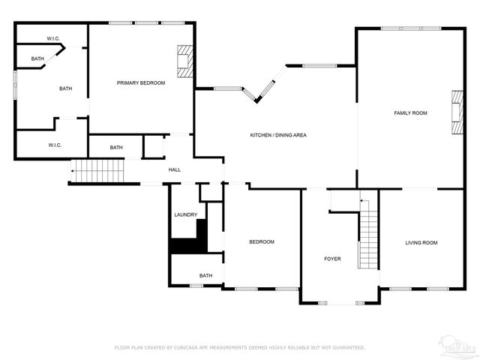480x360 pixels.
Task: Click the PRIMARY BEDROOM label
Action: pyautogui.click(x=140, y=82)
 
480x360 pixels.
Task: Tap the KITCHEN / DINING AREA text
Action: pyautogui.click(x=278, y=135)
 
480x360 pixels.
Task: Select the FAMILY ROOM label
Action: pyautogui.click(x=410, y=112)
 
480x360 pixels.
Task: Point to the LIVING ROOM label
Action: pyautogui.click(x=421, y=242)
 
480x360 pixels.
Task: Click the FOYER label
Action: pyautogui.click(x=332, y=259)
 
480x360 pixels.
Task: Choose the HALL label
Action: pyautogui.click(x=174, y=169)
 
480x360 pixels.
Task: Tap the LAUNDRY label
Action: pyautogui.click(x=185, y=214)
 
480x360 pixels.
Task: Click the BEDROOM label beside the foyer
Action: pyautogui.click(x=261, y=241)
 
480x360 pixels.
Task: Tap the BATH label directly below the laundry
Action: pyautogui.click(x=205, y=275)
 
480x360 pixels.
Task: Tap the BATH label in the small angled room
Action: pyautogui.click(x=37, y=58)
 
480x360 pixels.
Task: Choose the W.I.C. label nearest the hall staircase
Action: pyautogui.click(x=55, y=145)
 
